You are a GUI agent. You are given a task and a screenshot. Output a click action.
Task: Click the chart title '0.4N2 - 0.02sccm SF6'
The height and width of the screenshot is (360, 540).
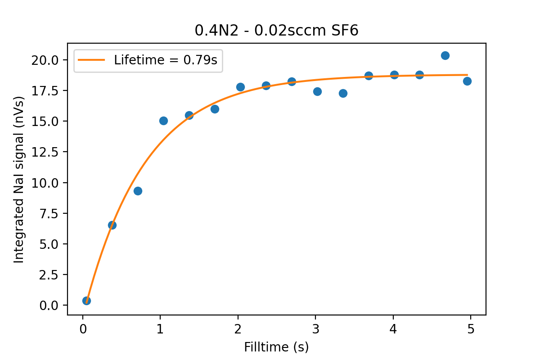tap(276, 30)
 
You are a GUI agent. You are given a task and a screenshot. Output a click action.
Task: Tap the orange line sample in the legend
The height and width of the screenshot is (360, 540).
tap(92, 60)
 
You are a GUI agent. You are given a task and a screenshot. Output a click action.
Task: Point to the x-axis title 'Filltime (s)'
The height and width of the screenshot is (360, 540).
tap(276, 347)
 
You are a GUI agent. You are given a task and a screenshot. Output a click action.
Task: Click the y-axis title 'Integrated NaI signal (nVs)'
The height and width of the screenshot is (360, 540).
tap(18, 180)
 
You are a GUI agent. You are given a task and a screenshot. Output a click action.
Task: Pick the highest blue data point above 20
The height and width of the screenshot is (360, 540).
tap(445, 56)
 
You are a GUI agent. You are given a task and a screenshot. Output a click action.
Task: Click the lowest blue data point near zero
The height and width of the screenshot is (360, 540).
tap(86, 301)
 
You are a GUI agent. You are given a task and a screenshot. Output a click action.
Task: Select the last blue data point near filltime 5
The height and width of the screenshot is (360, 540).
tap(467, 81)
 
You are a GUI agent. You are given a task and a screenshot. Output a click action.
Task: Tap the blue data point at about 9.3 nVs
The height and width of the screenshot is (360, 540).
tap(138, 191)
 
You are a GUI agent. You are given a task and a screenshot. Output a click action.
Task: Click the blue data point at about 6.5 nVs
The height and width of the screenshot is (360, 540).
tap(112, 225)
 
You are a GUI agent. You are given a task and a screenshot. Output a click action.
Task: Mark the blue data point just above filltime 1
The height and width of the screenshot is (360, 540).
tap(163, 121)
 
